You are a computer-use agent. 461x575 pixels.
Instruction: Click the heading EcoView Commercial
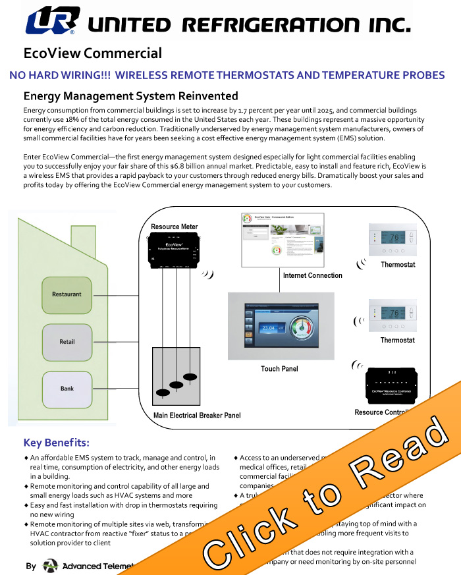click(92, 53)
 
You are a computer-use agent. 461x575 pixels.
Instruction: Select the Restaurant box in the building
click(67, 294)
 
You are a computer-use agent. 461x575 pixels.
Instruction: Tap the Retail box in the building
click(67, 342)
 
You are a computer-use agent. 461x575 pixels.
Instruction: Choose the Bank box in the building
click(67, 389)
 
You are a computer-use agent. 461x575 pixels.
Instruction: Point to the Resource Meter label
click(174, 227)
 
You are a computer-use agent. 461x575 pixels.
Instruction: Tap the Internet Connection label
click(312, 275)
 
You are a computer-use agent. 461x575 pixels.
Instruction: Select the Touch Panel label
click(279, 369)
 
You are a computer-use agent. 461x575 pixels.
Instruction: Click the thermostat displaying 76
click(393, 238)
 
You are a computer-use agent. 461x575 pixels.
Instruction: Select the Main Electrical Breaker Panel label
click(197, 416)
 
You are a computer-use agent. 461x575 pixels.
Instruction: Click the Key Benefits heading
click(56, 443)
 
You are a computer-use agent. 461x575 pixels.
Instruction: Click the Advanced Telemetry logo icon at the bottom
click(50, 566)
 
